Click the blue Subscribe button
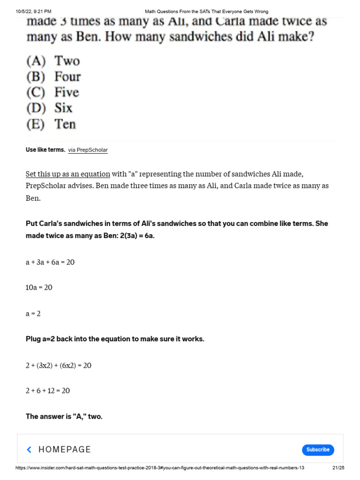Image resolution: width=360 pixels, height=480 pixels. coord(318,450)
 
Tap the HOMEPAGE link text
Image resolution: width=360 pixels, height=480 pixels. coord(65,450)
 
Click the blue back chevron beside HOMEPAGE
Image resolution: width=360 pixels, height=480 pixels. coord(29,450)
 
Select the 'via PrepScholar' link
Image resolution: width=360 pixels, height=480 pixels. coord(88,150)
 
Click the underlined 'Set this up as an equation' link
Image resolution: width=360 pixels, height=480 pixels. coord(68,174)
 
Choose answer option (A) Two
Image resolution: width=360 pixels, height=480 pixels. coord(53,61)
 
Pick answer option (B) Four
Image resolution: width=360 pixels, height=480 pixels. coord(53,76)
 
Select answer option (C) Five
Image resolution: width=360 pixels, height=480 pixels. coord(52,92)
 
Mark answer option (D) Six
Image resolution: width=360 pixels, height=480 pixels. coord(49,108)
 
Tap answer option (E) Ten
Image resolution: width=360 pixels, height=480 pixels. coord(51,124)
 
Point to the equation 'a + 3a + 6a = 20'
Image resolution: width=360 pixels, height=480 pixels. coord(50,262)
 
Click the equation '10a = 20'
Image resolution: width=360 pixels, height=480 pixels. coord(39,288)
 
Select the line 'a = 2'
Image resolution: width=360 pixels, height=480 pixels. coord(33,314)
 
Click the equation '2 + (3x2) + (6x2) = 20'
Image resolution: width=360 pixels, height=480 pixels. coord(59,366)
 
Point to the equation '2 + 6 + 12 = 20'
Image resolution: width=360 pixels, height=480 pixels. coord(48,391)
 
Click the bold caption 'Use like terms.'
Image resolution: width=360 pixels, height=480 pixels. coord(45,150)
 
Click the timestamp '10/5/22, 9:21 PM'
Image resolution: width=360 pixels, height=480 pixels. coord(33,11)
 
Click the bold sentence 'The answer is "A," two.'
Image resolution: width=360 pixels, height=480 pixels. coord(64,416)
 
